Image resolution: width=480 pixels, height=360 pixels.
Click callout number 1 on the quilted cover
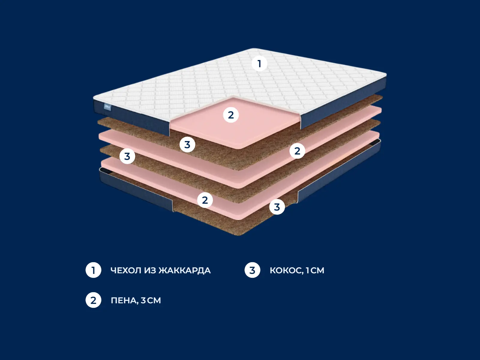click(259, 64)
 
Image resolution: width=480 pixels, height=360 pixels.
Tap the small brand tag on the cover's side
click(107, 107)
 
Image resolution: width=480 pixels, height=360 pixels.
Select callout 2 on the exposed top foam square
click(231, 115)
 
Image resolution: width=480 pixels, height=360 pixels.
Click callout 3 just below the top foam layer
click(187, 145)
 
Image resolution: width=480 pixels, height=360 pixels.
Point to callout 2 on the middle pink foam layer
click(297, 151)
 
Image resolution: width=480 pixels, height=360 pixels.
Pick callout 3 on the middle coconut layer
click(127, 156)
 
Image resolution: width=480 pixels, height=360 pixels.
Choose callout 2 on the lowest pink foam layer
click(205, 200)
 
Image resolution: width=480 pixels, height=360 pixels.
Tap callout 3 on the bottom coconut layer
click(277, 207)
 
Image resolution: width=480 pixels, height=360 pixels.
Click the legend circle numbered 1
click(93, 270)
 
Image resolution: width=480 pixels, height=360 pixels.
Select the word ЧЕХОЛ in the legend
click(126, 271)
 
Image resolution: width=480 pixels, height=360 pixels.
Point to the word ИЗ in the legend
click(150, 271)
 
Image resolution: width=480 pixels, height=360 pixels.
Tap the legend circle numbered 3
click(252, 270)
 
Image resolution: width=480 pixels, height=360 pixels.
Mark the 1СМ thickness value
click(315, 271)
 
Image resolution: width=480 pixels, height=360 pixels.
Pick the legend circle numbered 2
click(93, 300)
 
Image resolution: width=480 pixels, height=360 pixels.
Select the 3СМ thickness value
click(151, 300)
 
